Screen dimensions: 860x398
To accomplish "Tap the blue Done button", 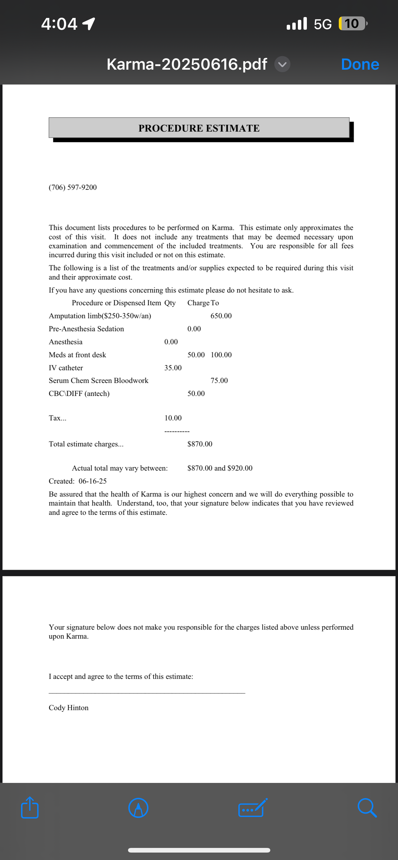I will (x=360, y=64).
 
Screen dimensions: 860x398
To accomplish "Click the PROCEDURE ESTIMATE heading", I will (x=199, y=128).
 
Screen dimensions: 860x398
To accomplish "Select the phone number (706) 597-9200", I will (x=73, y=187).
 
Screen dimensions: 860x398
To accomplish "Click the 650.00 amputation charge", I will (x=221, y=316).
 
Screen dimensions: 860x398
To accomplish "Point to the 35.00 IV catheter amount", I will (x=173, y=368).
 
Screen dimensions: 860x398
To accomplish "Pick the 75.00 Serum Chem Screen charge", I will (x=219, y=380).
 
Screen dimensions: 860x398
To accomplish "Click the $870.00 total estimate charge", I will (x=200, y=444).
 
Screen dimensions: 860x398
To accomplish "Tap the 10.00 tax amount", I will (x=173, y=418).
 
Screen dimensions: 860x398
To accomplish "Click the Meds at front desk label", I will (x=77, y=355).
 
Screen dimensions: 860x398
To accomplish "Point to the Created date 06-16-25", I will (x=93, y=481).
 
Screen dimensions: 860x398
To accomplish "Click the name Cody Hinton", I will (x=69, y=708).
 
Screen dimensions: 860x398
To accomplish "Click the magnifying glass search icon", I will (x=367, y=808).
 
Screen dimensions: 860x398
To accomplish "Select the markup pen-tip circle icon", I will (x=138, y=808).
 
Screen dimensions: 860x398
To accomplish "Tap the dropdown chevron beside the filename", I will (x=282, y=64).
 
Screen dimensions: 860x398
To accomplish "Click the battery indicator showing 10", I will (x=352, y=24).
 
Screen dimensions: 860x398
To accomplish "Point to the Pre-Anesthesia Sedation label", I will (x=86, y=329).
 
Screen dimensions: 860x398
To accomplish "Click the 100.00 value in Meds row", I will (x=221, y=355).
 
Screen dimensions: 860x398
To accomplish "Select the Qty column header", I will (x=170, y=303).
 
